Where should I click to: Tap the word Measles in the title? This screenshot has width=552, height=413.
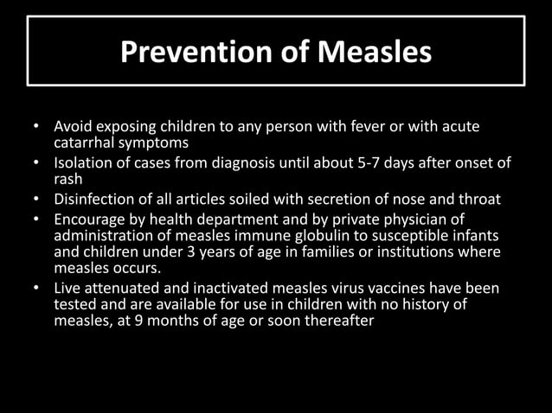tap(374, 53)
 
